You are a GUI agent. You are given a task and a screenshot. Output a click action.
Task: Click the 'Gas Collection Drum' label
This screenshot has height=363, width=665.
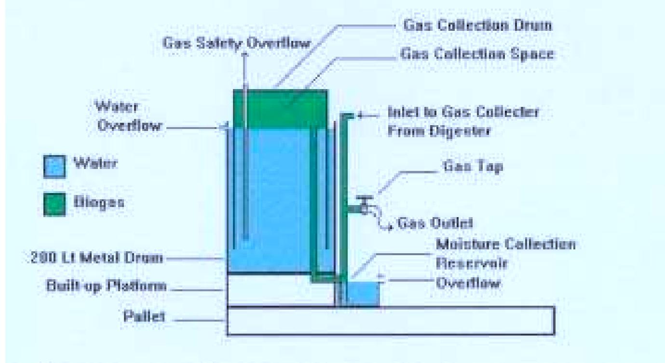coord(477,26)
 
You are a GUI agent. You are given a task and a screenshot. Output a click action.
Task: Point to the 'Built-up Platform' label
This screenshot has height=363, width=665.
coord(107,286)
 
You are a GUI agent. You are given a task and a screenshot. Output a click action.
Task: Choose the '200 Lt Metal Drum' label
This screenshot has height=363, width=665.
coord(95,259)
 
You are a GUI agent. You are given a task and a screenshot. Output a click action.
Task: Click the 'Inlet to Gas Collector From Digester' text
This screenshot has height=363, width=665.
coord(463,122)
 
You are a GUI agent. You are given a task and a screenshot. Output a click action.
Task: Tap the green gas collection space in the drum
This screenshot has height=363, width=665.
coord(280,108)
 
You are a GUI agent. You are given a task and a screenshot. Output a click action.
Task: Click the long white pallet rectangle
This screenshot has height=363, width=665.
coord(391,320)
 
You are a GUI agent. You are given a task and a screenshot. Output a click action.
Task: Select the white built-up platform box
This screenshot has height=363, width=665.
coord(280,290)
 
